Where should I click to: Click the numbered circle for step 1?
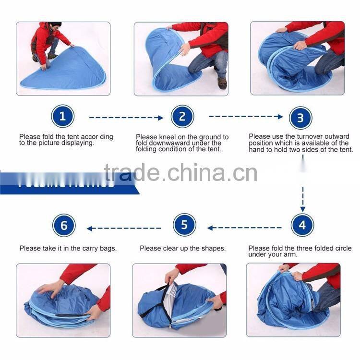tap(63, 117)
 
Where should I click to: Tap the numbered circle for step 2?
tap(182, 117)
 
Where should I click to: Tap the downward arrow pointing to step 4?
tap(302, 198)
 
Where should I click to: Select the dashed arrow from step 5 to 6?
tap(124, 228)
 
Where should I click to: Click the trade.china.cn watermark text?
tap(180, 172)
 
